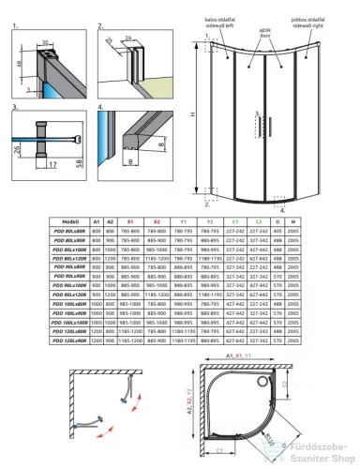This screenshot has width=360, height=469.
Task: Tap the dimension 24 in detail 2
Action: [127, 40]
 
